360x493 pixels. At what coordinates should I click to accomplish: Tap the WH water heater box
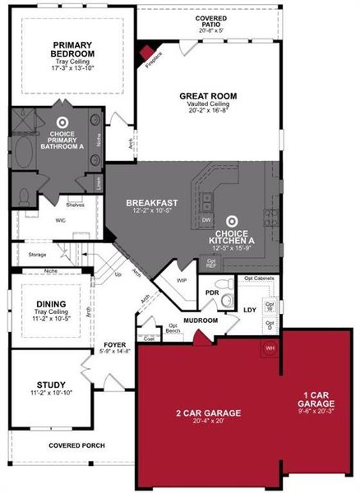coord(268,348)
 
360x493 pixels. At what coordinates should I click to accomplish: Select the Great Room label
coord(208,96)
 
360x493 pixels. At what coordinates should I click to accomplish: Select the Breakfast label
coord(147,202)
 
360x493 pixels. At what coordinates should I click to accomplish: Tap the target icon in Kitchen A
coord(232,220)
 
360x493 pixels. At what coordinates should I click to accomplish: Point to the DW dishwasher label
coord(206,220)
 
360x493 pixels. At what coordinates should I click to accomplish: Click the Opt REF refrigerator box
coord(212,264)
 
